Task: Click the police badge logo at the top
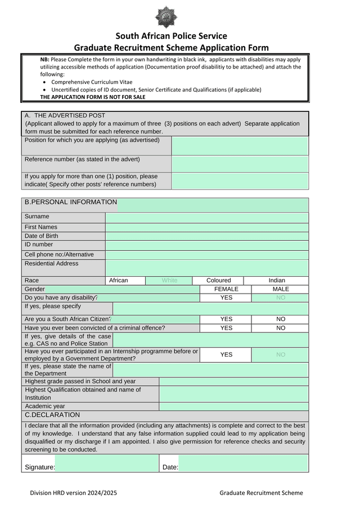(166, 17)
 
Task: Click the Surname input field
(206, 218)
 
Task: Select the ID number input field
(206, 245)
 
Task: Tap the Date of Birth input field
(206, 236)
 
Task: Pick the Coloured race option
(218, 281)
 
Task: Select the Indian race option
(277, 281)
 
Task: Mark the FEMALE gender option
(226, 289)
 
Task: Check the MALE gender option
(280, 289)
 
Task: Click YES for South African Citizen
(226, 319)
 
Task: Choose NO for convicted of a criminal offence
(280, 328)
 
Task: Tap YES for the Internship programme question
(226, 355)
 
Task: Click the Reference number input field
(240, 164)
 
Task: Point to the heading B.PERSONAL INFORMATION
(71, 202)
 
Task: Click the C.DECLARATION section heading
(52, 415)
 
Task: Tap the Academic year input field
(233, 407)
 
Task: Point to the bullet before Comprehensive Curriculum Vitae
(45, 82)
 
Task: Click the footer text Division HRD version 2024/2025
(74, 493)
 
